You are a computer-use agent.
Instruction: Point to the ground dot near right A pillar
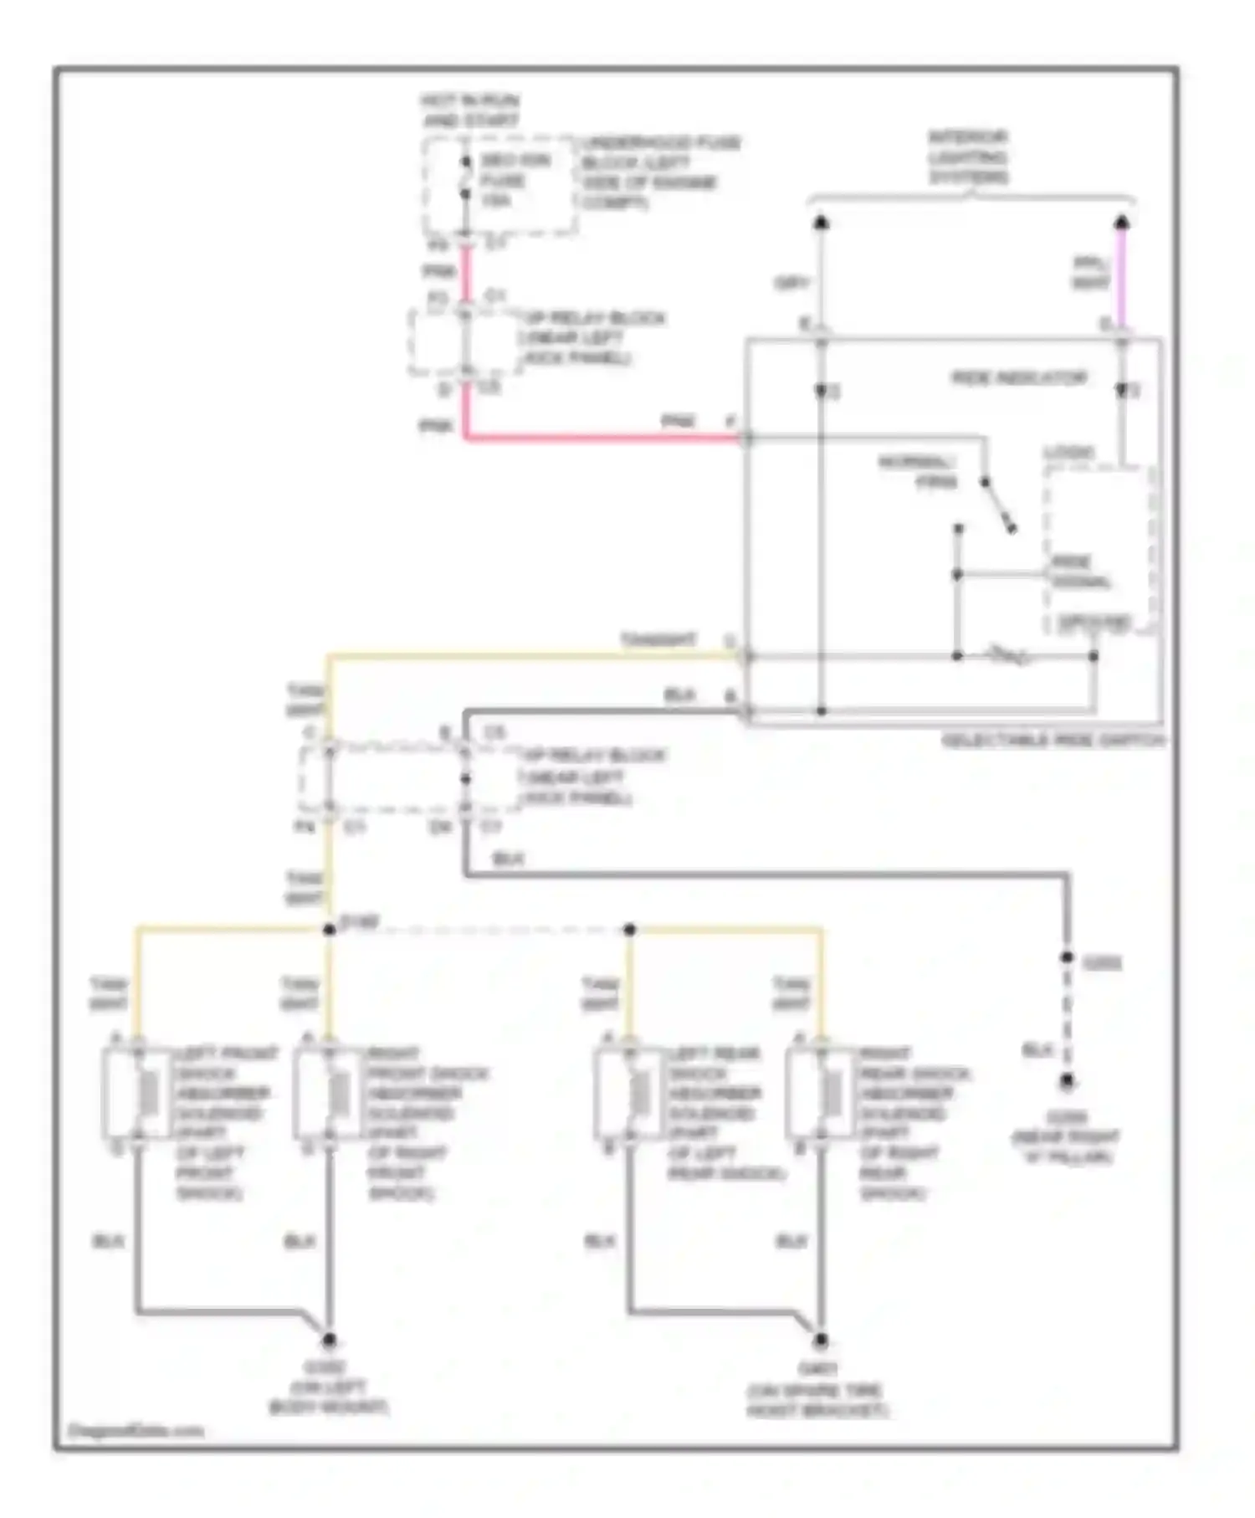tap(1067, 1082)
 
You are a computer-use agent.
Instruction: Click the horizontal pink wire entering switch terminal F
tap(602, 437)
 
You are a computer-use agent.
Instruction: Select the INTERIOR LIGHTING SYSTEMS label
tap(969, 156)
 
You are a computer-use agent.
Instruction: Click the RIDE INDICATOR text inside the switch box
tap(1019, 378)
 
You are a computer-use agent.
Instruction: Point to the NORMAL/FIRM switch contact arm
tap(999, 505)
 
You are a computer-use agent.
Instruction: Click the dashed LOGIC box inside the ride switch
tap(1099, 548)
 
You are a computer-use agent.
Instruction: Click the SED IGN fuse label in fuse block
tap(512, 180)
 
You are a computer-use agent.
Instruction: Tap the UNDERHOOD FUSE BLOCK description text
tap(660, 172)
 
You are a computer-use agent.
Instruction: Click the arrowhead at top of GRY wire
tap(822, 223)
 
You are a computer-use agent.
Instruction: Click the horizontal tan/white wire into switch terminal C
tap(535, 655)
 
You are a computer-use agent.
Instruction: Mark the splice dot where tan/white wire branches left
tap(329, 930)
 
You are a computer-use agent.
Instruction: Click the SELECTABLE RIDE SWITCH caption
tap(1053, 741)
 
